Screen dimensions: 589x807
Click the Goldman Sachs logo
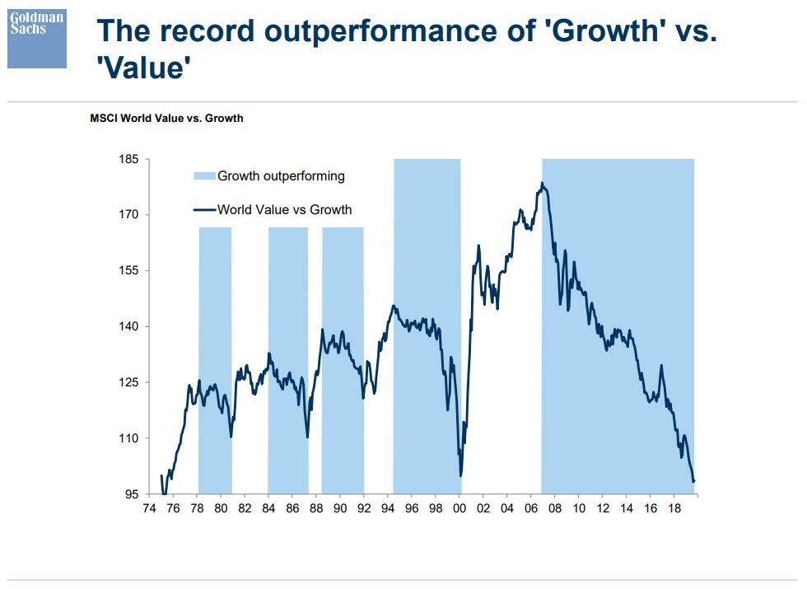(37, 39)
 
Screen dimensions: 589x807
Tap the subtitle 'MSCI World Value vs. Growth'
(166, 119)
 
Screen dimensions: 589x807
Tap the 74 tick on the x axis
(149, 509)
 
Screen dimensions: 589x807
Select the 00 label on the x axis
(459, 509)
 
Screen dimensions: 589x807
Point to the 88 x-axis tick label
(316, 509)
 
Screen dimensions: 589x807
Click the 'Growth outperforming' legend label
(281, 175)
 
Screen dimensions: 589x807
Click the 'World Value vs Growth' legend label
(284, 210)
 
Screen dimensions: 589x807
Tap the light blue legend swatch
(204, 175)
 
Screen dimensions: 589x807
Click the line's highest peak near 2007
(542, 183)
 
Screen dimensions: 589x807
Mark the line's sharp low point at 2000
(460, 475)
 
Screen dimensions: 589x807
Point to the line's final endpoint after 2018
(694, 481)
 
